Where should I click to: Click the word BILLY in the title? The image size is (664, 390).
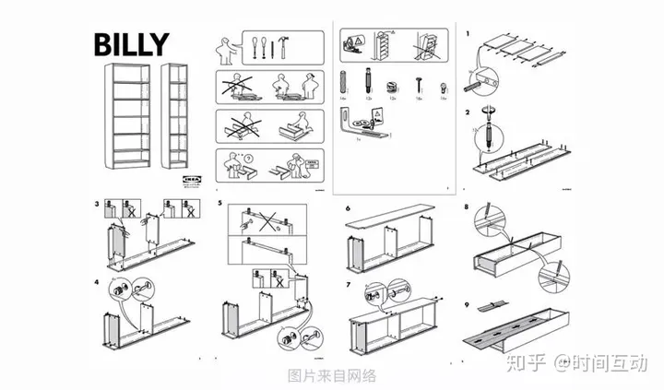[129, 42]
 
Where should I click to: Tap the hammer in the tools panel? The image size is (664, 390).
[294, 43]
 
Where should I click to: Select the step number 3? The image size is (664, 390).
[97, 202]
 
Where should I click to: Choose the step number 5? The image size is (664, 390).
[219, 202]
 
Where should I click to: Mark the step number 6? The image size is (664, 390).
[348, 209]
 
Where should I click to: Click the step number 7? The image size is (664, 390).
[348, 280]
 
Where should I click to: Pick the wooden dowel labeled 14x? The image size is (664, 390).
[342, 77]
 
